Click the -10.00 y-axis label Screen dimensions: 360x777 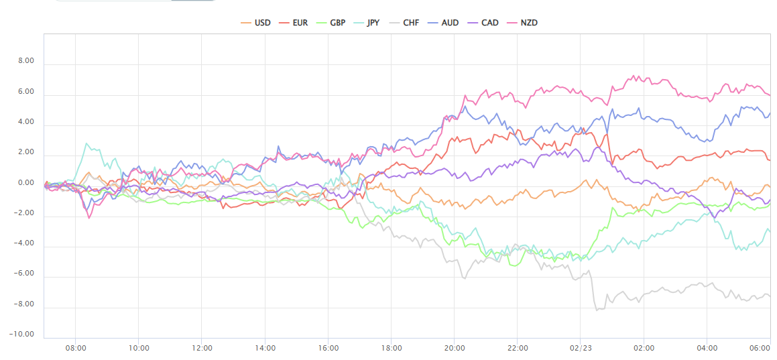(x=23, y=335)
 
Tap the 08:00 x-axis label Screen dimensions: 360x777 (x=75, y=348)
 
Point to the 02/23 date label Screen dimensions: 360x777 (x=581, y=348)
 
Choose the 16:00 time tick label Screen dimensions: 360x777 (x=328, y=348)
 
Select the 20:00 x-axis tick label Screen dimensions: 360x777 (x=454, y=348)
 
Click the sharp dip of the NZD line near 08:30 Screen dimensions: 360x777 (x=88, y=218)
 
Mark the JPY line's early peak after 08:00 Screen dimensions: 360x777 (x=86, y=143)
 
